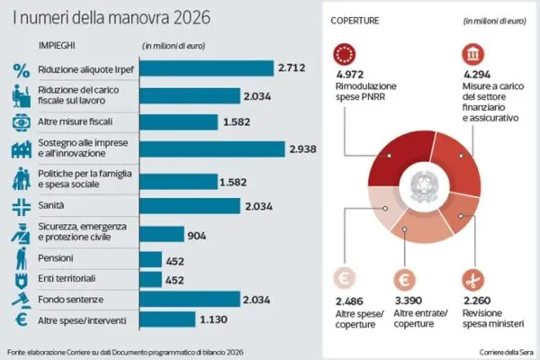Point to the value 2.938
pos(307,148)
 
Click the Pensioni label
pos(56,258)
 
